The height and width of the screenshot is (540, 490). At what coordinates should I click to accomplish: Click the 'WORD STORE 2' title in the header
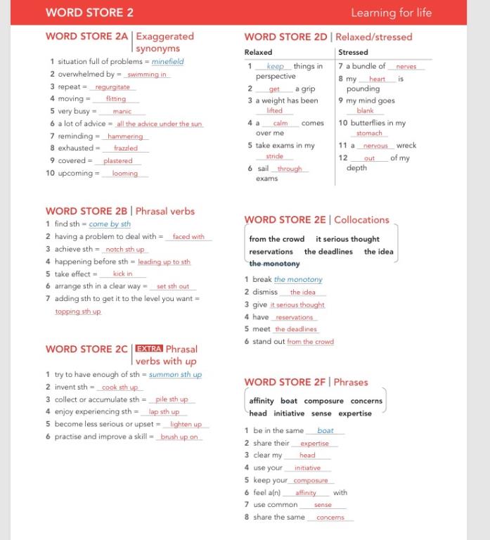89,12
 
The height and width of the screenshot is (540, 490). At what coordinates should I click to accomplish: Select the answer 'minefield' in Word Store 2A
167,62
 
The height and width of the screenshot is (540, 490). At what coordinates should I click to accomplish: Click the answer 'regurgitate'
113,86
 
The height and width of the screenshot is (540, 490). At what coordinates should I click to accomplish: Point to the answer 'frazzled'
126,148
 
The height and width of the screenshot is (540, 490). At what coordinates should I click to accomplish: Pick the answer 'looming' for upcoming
124,173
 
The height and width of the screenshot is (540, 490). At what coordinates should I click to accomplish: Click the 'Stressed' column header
352,52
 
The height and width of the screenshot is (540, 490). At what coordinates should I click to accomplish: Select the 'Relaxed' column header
258,52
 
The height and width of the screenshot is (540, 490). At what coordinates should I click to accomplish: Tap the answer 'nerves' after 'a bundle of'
406,67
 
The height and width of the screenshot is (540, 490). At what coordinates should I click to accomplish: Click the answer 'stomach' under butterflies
369,133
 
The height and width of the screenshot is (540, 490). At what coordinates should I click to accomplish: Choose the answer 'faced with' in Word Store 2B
188,237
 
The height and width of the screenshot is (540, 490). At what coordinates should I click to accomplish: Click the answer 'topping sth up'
78,311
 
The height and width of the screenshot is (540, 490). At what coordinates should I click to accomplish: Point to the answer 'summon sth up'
175,375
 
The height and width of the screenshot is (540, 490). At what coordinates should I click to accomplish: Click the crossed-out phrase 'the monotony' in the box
274,264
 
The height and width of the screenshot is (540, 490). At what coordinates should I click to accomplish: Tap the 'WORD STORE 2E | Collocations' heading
316,219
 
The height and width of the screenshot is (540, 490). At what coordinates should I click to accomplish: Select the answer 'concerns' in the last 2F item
330,517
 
